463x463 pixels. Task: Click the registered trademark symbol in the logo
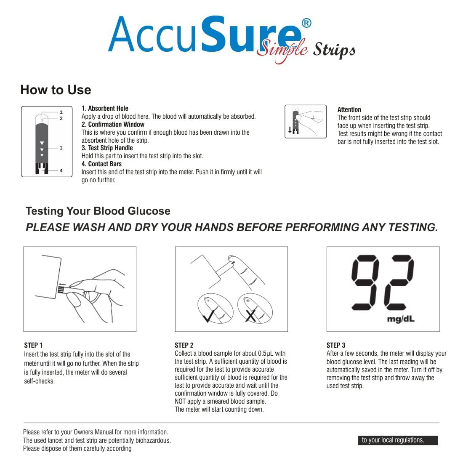pyautogui.click(x=306, y=23)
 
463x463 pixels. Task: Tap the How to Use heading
pyautogui.click(x=56, y=90)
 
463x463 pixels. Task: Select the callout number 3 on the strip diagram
pyautogui.click(x=61, y=148)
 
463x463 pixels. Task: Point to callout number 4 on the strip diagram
pyautogui.click(x=61, y=170)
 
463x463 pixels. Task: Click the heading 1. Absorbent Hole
pyautogui.click(x=105, y=109)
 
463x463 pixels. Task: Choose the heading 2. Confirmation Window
pyautogui.click(x=113, y=125)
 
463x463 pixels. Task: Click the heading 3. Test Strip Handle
pyautogui.click(x=107, y=148)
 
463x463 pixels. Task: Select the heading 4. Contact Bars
pyautogui.click(x=101, y=164)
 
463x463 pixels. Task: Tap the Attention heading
pyautogui.click(x=349, y=109)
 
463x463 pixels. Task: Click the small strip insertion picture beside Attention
pyautogui.click(x=306, y=122)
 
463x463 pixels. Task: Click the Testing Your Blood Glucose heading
pyautogui.click(x=98, y=211)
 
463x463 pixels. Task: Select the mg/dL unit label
pyautogui.click(x=400, y=319)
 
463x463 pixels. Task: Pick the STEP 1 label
pyautogui.click(x=33, y=345)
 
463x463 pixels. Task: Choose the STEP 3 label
pyautogui.click(x=336, y=345)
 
